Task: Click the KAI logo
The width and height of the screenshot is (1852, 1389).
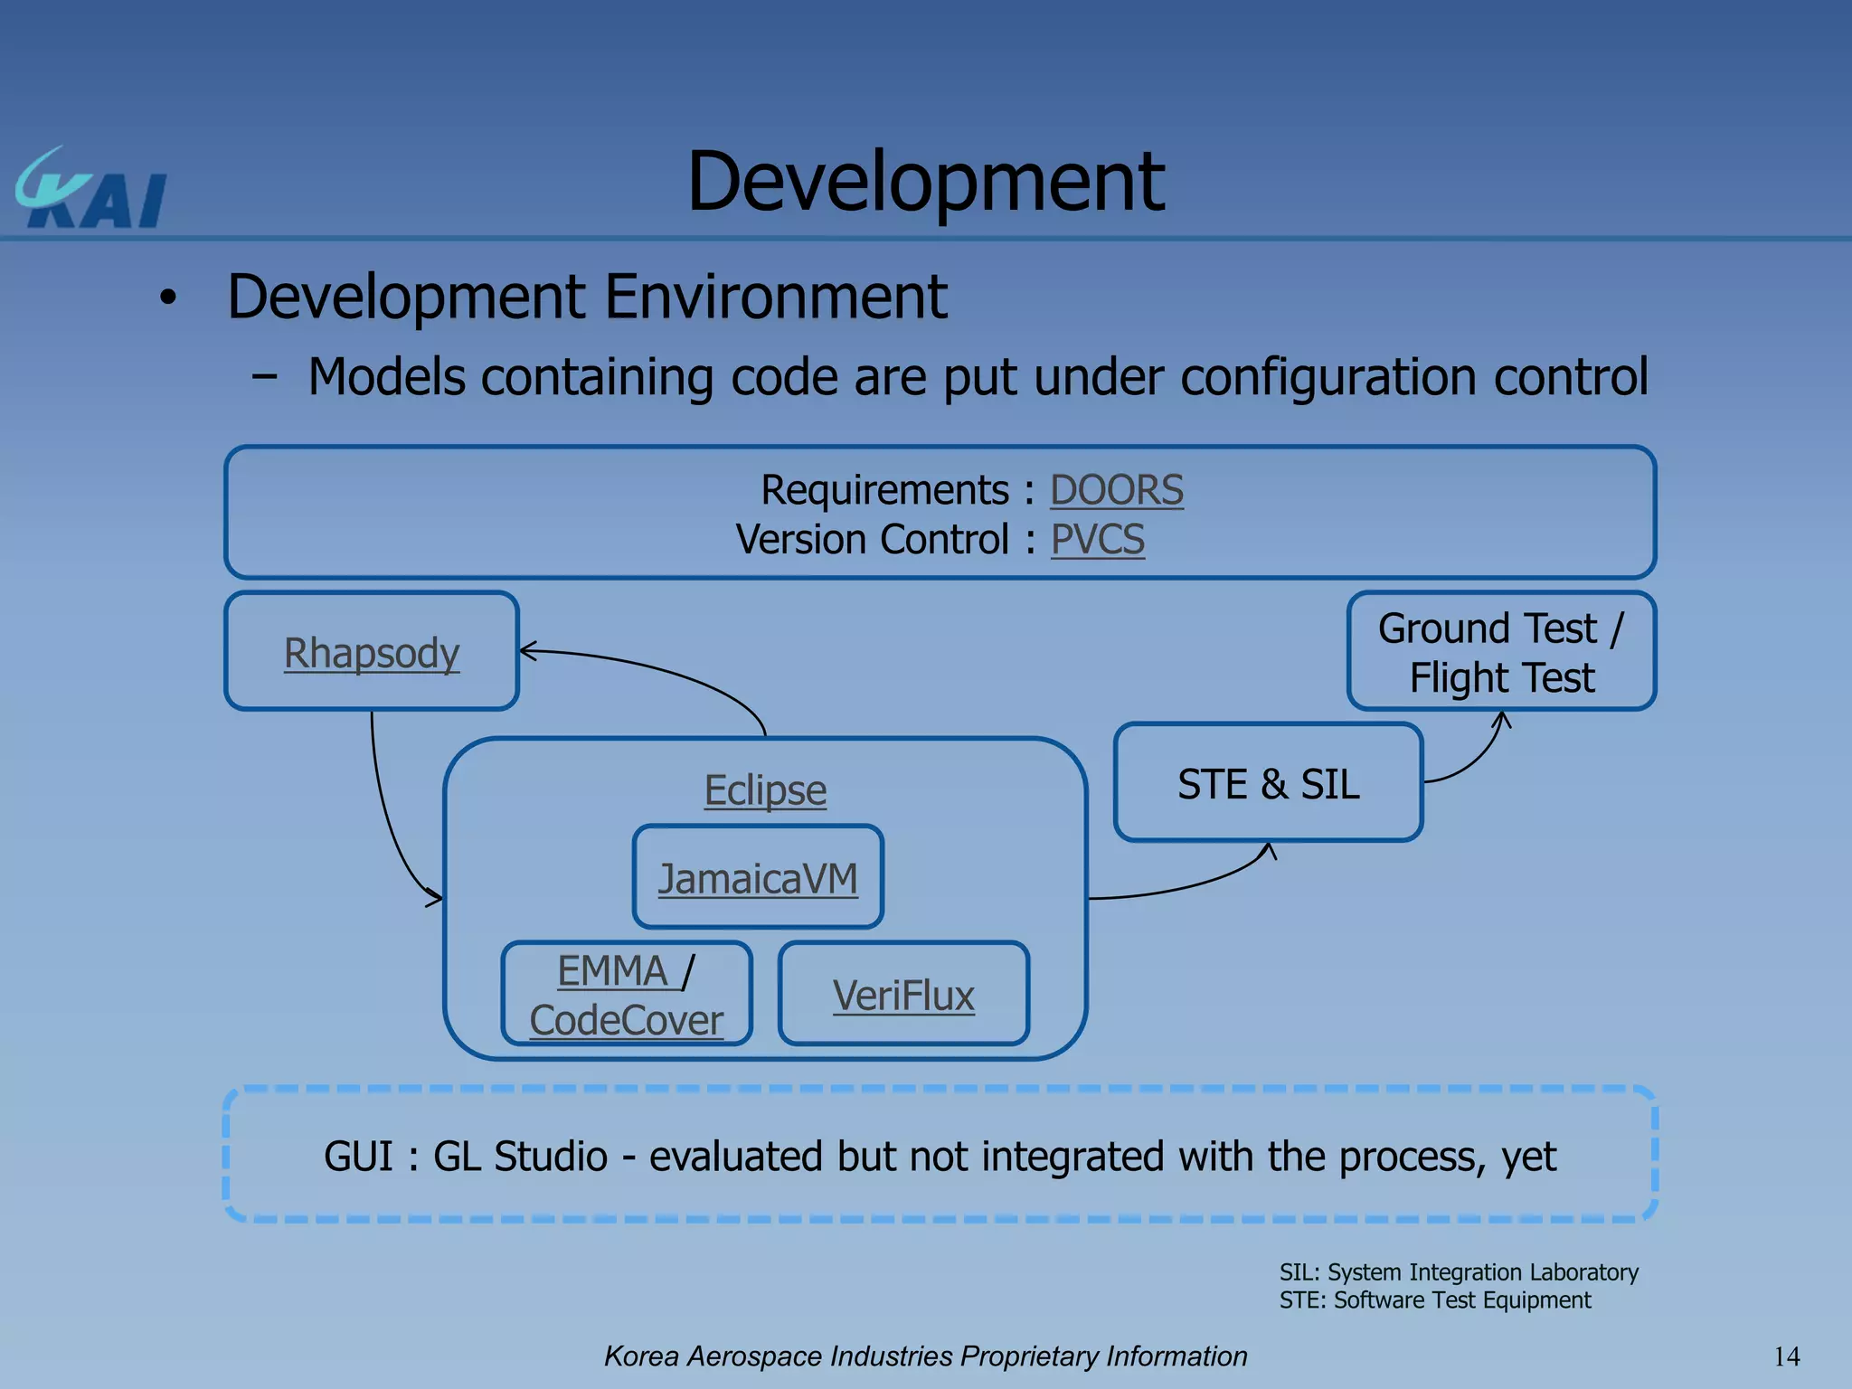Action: (x=91, y=191)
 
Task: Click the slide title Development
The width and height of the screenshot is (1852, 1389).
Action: (x=925, y=183)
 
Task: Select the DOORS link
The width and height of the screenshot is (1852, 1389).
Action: (x=1116, y=491)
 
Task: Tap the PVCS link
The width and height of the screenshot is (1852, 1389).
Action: (x=1097, y=541)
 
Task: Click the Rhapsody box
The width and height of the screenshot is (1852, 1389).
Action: (x=372, y=652)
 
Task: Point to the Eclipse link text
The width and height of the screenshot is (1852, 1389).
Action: (x=765, y=790)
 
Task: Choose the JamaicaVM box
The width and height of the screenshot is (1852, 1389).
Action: (x=758, y=877)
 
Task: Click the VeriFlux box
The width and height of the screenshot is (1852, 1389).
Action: (x=903, y=995)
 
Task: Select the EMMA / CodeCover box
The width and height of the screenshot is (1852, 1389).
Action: (x=627, y=995)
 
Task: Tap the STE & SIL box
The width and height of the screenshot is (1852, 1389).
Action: (x=1268, y=783)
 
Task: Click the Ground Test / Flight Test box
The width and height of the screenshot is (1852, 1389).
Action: (x=1501, y=652)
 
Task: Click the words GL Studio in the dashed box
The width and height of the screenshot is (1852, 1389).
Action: (x=520, y=1157)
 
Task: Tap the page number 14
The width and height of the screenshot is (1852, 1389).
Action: (x=1786, y=1356)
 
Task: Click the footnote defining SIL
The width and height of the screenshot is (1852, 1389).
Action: (x=1458, y=1272)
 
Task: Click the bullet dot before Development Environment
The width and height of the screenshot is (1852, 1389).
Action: (x=167, y=298)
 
